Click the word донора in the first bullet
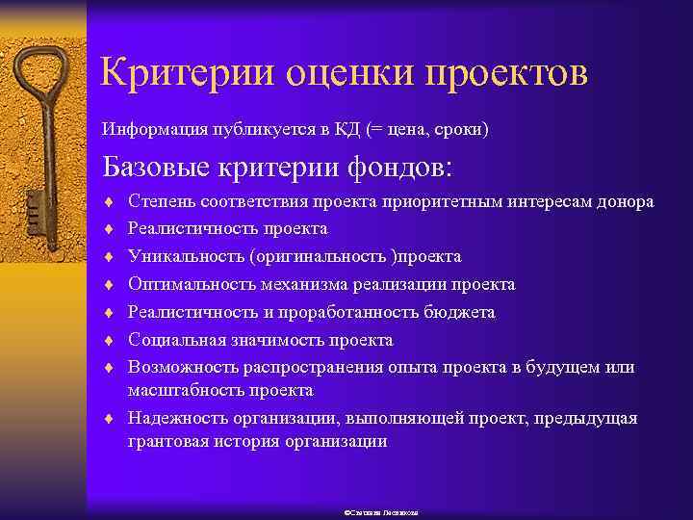(x=622, y=202)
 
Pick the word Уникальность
(x=186, y=257)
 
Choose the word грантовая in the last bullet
(x=166, y=442)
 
